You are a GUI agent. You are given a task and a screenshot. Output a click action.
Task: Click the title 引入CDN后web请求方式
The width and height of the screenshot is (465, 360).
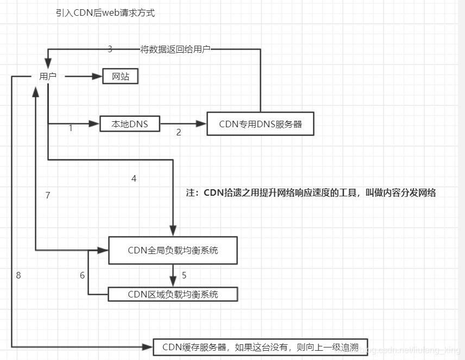(105, 13)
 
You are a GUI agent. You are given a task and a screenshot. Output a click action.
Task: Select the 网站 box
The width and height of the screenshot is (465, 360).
(121, 77)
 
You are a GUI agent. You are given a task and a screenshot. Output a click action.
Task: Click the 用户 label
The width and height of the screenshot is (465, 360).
(48, 77)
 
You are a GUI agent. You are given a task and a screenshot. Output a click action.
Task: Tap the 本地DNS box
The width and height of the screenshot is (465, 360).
(130, 124)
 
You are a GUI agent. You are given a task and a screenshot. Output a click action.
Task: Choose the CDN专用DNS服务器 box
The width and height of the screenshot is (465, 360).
(260, 124)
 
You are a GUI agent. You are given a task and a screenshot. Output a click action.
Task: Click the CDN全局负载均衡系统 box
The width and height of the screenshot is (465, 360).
(173, 250)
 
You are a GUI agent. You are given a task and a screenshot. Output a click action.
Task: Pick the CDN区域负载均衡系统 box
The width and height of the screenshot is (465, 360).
(173, 294)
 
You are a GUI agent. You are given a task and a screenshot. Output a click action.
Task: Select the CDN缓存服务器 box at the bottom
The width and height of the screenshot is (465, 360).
(261, 346)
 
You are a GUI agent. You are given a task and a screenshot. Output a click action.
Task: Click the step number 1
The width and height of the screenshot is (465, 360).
(71, 129)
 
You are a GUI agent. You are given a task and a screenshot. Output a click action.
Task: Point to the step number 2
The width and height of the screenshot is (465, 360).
(179, 132)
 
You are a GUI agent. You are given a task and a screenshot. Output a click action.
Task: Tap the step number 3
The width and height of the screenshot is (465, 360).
(110, 49)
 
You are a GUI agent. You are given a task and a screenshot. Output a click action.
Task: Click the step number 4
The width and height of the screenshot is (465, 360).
(134, 178)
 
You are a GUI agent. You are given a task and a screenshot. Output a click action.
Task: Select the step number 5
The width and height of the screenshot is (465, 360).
(184, 275)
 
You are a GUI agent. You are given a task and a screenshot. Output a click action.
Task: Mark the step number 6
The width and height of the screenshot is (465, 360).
(83, 275)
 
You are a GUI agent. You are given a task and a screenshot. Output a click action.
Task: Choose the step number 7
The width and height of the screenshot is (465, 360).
(48, 195)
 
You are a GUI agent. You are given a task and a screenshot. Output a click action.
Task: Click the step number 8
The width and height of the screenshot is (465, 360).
(18, 275)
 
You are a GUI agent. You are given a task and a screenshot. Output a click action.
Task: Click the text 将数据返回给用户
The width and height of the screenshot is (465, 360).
(175, 49)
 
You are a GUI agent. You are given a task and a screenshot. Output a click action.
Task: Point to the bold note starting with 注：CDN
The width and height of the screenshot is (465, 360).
(311, 193)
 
